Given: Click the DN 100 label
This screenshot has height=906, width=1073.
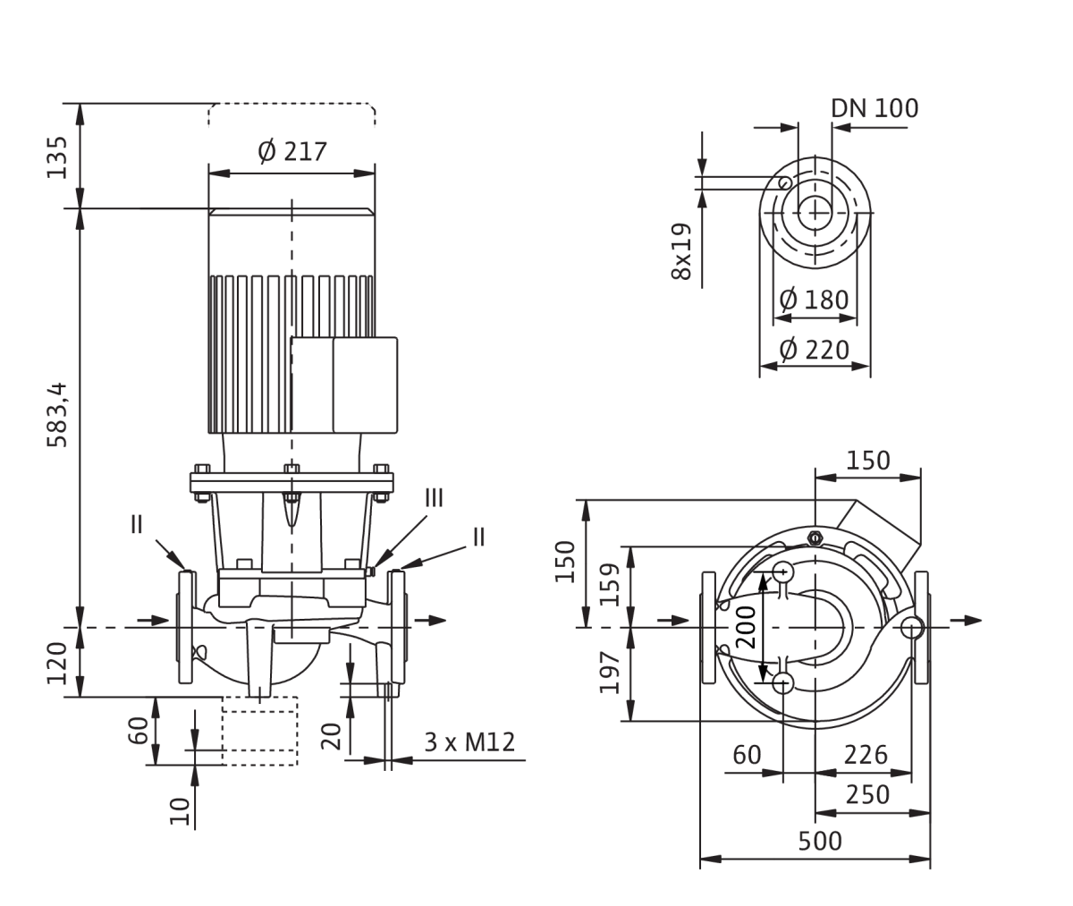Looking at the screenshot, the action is pyautogui.click(x=874, y=108).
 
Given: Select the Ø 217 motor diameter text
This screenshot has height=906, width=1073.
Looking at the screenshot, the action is pyautogui.click(x=291, y=152).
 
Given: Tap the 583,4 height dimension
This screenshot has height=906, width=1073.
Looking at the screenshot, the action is pyautogui.click(x=57, y=414).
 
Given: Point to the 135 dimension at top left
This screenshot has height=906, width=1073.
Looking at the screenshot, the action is pyautogui.click(x=57, y=157).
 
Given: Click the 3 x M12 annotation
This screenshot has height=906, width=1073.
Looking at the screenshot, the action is pyautogui.click(x=469, y=742).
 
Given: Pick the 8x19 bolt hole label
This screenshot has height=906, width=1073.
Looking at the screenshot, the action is pyautogui.click(x=682, y=251).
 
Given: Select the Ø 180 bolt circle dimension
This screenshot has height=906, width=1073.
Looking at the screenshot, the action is pyautogui.click(x=814, y=300).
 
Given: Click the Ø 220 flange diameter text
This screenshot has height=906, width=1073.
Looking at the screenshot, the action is pyautogui.click(x=814, y=351).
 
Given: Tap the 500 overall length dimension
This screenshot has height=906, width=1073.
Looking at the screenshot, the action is pyautogui.click(x=820, y=842).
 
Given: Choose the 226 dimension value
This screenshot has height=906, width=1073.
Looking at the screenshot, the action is pyautogui.click(x=866, y=755).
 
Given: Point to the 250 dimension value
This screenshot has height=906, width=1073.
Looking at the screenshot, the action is pyautogui.click(x=867, y=794).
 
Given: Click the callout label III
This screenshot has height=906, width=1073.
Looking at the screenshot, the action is pyautogui.click(x=435, y=498).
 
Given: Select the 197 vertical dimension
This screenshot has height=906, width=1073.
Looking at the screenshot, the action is pyautogui.click(x=611, y=673).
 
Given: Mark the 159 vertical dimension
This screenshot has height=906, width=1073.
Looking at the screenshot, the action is pyautogui.click(x=611, y=585).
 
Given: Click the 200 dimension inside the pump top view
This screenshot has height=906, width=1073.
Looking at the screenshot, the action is pyautogui.click(x=746, y=627).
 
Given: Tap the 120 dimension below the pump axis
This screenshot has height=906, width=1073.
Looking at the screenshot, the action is pyautogui.click(x=57, y=664).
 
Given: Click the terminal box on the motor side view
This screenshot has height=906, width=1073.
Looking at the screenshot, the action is pyautogui.click(x=344, y=385).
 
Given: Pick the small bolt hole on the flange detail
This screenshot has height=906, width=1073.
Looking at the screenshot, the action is pyautogui.click(x=785, y=182).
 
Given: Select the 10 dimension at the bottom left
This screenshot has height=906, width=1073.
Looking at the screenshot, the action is pyautogui.click(x=180, y=811).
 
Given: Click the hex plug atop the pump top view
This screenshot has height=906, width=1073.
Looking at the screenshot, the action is pyautogui.click(x=815, y=538).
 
